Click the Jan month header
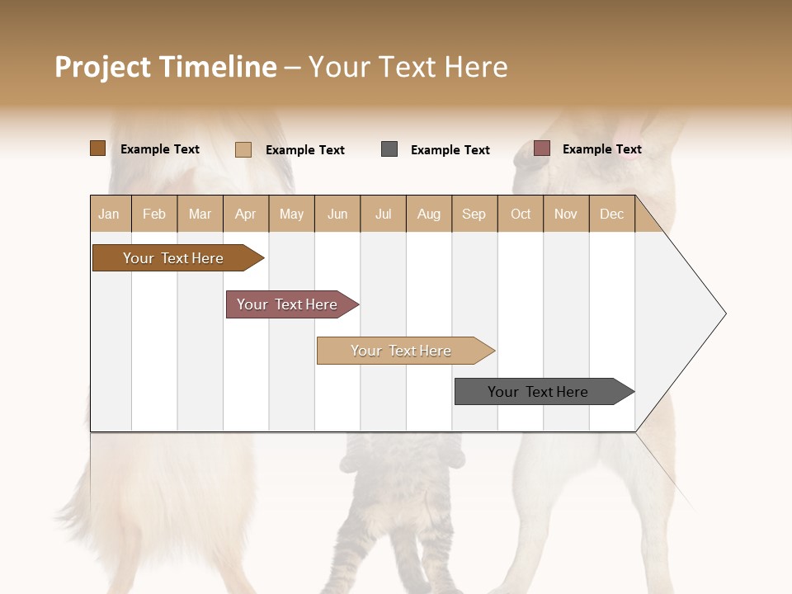(110, 214)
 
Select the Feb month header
(154, 214)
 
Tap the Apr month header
(246, 214)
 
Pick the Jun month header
(337, 214)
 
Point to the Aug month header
(429, 214)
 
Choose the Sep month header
(474, 214)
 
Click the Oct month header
(521, 214)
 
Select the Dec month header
(612, 214)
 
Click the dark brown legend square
(97, 148)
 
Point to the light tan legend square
(243, 149)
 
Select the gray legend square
(389, 149)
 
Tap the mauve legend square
(542, 148)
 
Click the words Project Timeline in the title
(166, 67)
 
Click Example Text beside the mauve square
(602, 149)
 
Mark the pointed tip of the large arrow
(724, 313)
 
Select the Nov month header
(566, 214)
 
